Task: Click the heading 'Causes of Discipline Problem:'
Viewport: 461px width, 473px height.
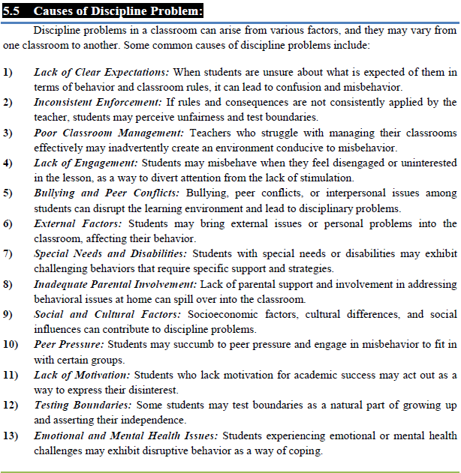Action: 119,11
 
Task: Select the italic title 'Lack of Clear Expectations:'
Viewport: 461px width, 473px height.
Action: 102,72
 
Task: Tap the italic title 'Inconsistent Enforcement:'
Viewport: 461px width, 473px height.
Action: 98,102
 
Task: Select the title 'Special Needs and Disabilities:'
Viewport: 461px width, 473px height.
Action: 110,253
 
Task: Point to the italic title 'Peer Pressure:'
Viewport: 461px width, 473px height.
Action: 69,344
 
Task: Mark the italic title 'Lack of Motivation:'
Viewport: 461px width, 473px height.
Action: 82,375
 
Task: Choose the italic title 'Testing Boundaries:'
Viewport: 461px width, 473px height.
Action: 81,405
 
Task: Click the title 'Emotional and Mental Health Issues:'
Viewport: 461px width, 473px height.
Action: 126,436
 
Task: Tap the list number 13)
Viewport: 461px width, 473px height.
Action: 11,436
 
